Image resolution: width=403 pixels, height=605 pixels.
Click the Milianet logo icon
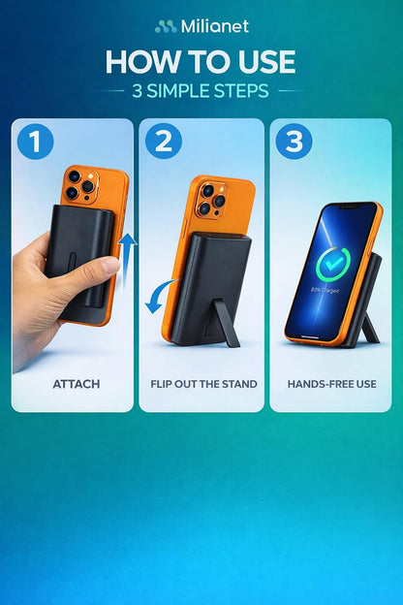(166, 26)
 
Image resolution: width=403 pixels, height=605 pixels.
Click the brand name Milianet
(215, 26)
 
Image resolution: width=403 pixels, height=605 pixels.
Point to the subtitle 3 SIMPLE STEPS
(201, 91)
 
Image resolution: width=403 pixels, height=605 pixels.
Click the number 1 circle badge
(35, 142)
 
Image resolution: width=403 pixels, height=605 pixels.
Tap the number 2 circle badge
(164, 142)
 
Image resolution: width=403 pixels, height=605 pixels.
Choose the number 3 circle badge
(294, 142)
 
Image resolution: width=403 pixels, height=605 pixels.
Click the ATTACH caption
(77, 384)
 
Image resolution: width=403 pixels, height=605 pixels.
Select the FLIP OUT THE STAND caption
(203, 384)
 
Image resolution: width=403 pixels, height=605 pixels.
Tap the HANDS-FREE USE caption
(332, 384)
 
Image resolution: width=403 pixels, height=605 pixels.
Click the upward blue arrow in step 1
(127, 259)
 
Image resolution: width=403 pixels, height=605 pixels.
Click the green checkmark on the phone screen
(331, 265)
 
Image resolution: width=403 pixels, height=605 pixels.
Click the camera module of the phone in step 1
(81, 185)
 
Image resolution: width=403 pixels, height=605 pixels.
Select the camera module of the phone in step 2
(210, 199)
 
